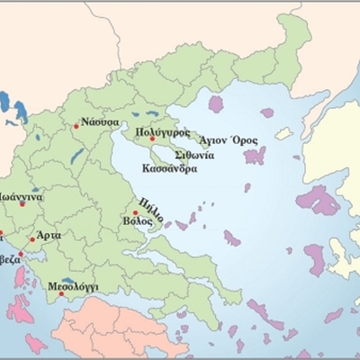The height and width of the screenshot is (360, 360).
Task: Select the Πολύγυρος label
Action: (161, 131)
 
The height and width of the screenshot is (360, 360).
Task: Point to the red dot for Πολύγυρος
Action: (152, 139)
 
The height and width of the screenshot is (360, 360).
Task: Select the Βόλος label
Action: (137, 220)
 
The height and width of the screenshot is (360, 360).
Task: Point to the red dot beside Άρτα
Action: (33, 240)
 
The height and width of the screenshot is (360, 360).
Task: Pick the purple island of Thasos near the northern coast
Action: (216, 103)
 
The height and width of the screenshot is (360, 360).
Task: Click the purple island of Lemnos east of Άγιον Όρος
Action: (256, 156)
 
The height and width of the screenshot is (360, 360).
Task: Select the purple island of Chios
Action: (315, 260)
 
